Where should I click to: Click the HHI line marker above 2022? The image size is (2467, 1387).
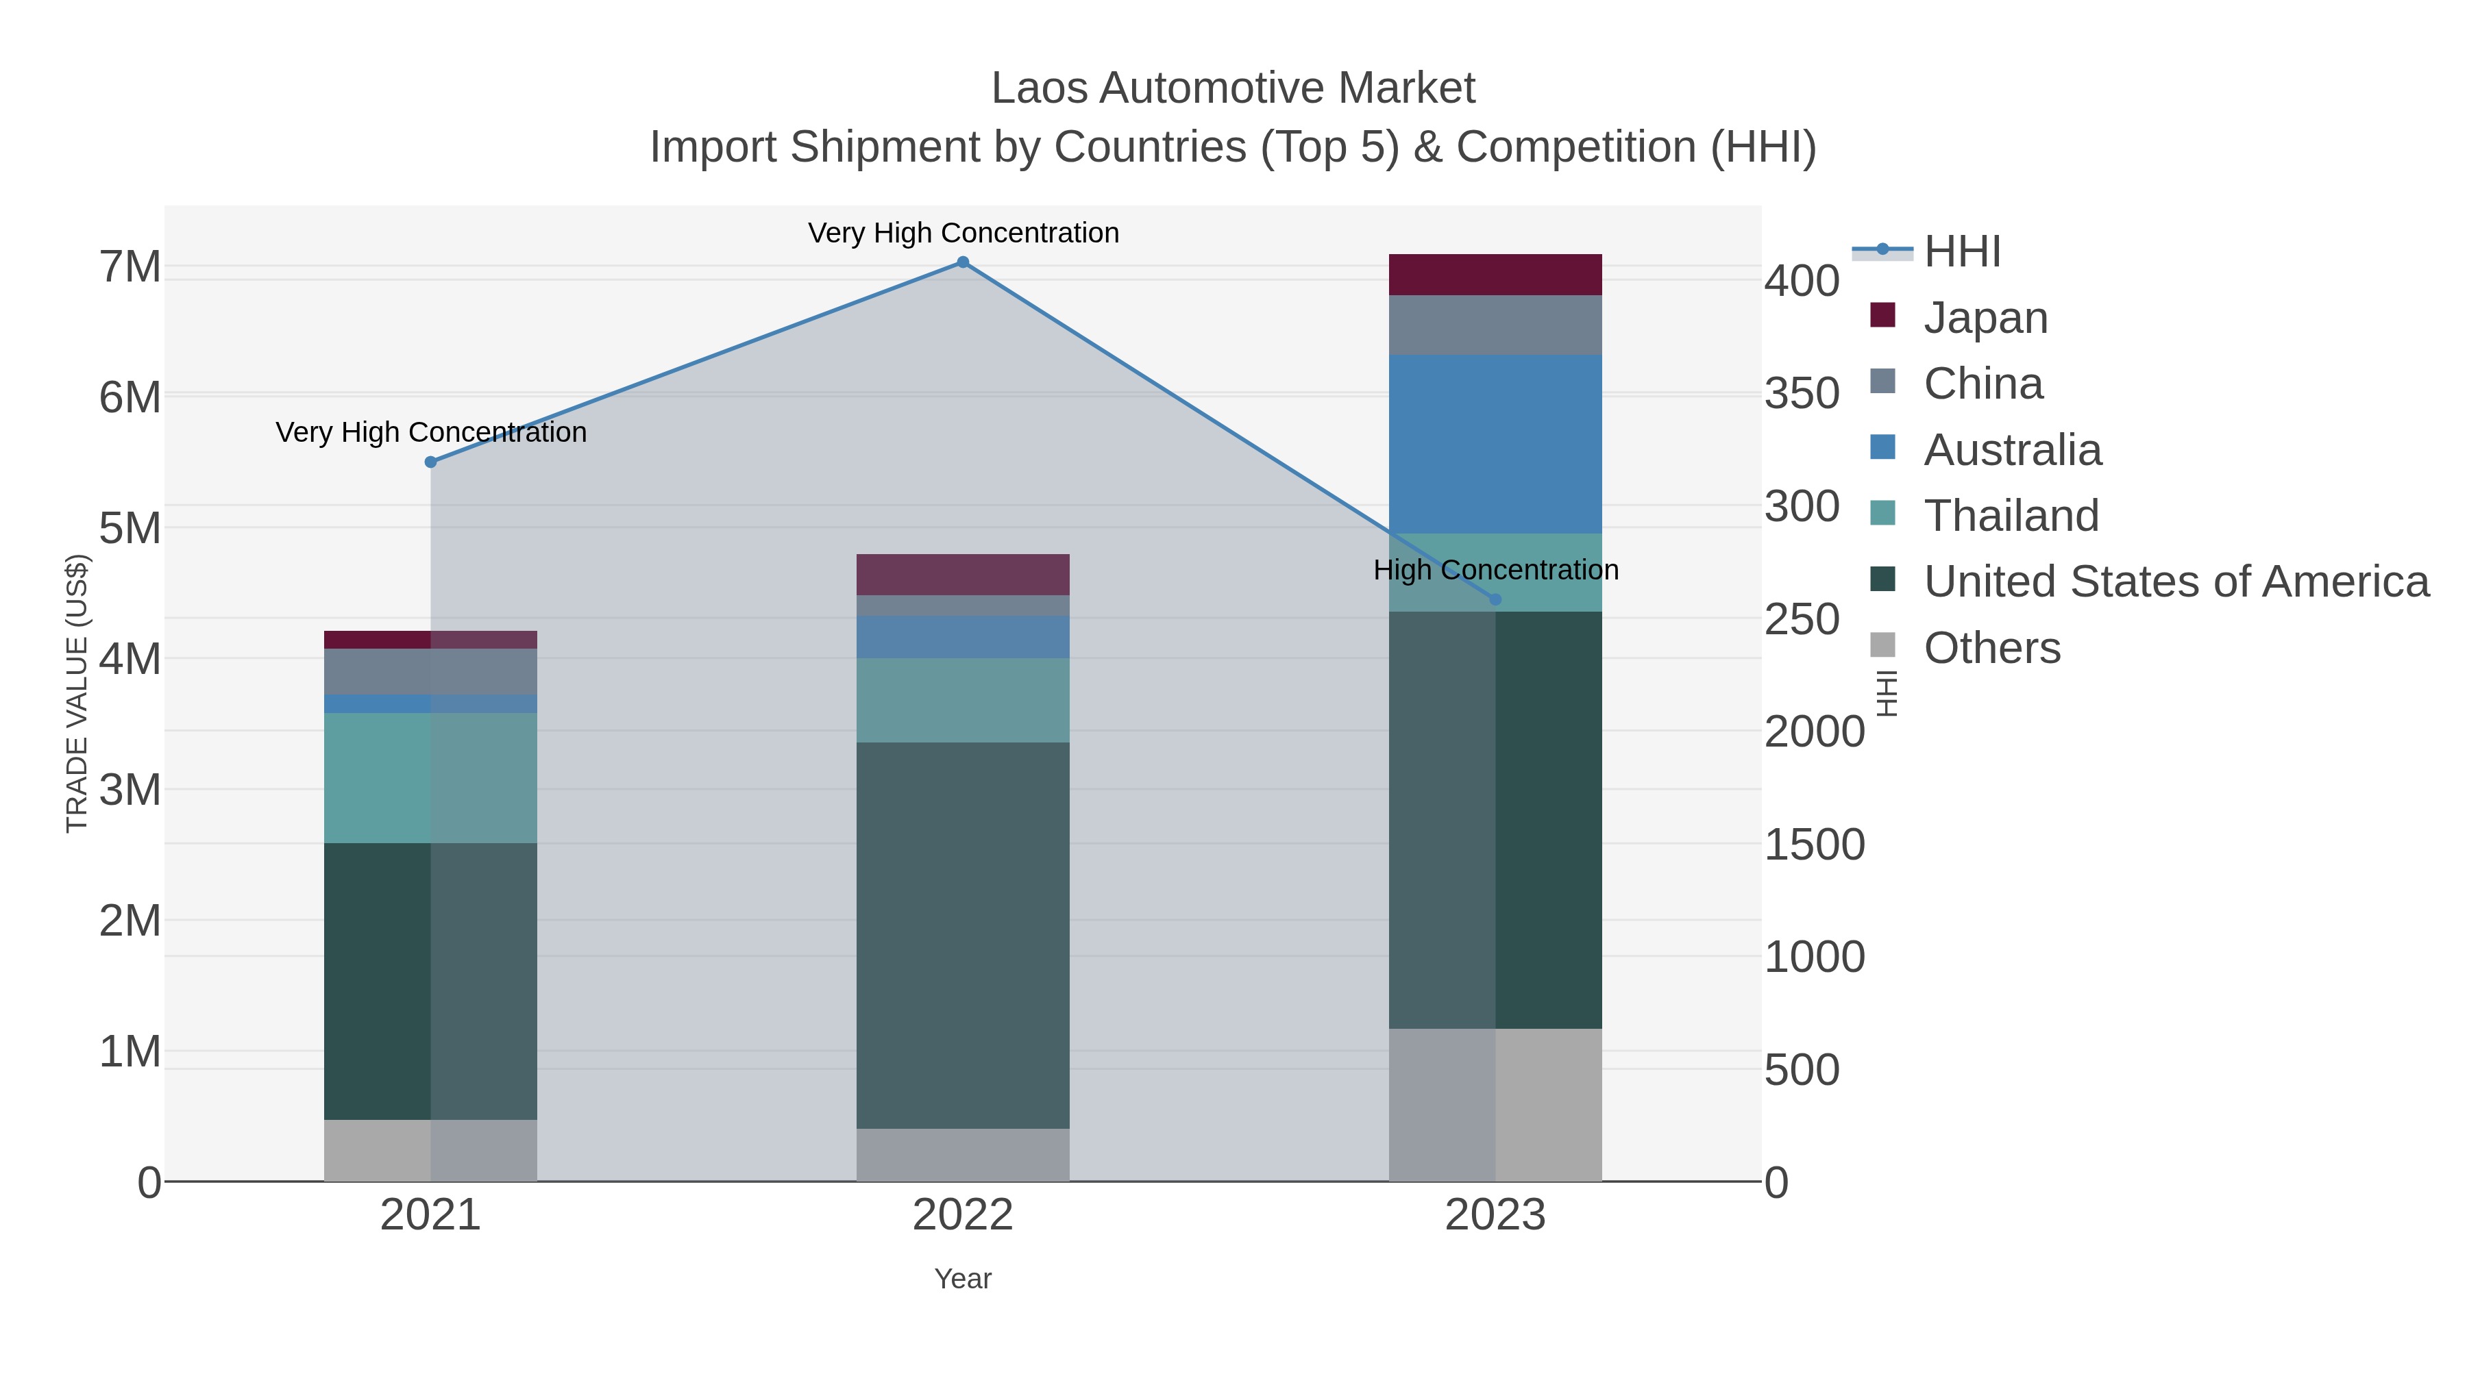pos(963,262)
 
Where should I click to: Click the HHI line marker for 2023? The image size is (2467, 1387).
pos(1495,600)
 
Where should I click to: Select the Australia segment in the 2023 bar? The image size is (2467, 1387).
pos(1495,444)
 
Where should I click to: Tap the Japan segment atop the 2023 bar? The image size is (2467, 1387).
pos(1495,275)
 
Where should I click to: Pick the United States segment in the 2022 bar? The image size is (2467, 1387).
pos(963,935)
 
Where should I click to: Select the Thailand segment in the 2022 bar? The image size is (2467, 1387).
pos(963,700)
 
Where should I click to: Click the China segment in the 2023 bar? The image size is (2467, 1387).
pos(1495,325)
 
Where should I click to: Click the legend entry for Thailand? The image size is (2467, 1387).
pos(2011,516)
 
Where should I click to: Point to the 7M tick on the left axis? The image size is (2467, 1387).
pos(130,267)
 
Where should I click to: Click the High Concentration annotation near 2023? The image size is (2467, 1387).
pos(1495,571)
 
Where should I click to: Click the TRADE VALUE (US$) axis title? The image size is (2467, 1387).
pos(77,693)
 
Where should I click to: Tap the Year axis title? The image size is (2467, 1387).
pos(963,1279)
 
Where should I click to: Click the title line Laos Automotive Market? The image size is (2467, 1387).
pos(1233,88)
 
